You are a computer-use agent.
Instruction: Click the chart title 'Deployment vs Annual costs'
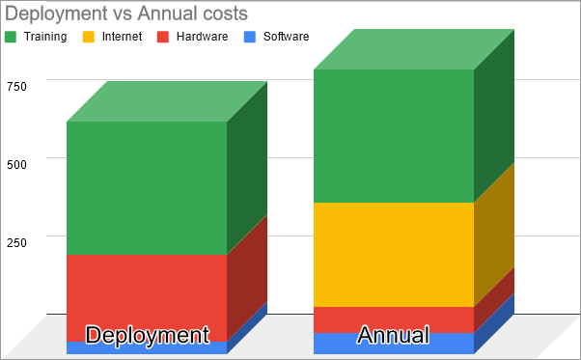126,14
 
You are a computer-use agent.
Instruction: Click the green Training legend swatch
12,37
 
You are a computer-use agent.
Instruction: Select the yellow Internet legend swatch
88,37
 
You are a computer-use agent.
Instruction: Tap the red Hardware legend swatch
162,37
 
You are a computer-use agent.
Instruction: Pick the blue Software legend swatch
249,37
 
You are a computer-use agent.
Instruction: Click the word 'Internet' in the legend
122,37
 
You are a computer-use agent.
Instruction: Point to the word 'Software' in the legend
286,37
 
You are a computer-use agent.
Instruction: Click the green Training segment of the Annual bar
394,135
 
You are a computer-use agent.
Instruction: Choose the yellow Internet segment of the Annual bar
394,254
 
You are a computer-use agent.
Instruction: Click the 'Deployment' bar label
147,335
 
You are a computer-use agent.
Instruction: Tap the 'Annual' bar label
394,335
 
